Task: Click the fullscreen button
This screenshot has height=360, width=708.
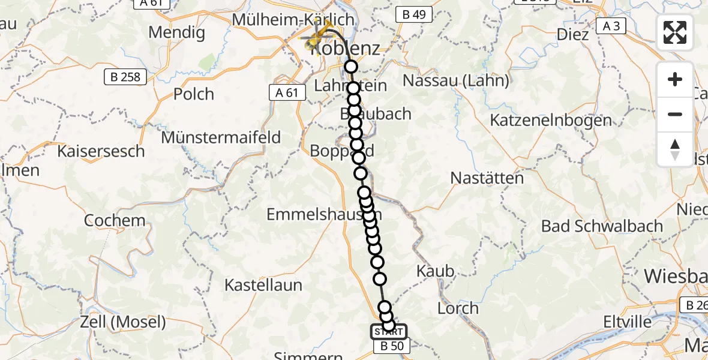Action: coord(675,32)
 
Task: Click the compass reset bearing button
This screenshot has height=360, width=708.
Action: coord(675,149)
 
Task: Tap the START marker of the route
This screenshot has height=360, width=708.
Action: coord(388,331)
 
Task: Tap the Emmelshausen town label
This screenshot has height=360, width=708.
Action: coord(324,214)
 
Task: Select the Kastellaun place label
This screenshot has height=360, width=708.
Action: coord(263,285)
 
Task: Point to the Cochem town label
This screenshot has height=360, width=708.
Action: coord(115,220)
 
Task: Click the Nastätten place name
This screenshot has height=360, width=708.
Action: coord(487,178)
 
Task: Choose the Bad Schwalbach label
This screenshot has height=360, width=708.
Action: coord(602,226)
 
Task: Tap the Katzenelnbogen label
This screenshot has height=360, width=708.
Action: coord(551,120)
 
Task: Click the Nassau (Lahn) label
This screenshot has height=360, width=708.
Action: coord(457,80)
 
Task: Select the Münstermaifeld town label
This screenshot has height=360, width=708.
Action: coord(221,137)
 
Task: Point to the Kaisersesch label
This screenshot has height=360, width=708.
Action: coord(101,151)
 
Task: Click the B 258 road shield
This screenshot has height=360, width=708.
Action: coord(125,77)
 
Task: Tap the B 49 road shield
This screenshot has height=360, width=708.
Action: coord(413,15)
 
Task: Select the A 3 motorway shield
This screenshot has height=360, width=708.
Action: coord(611,26)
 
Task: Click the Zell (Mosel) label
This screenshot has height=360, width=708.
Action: coord(123,322)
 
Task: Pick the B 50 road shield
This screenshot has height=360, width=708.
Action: coord(391,346)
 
